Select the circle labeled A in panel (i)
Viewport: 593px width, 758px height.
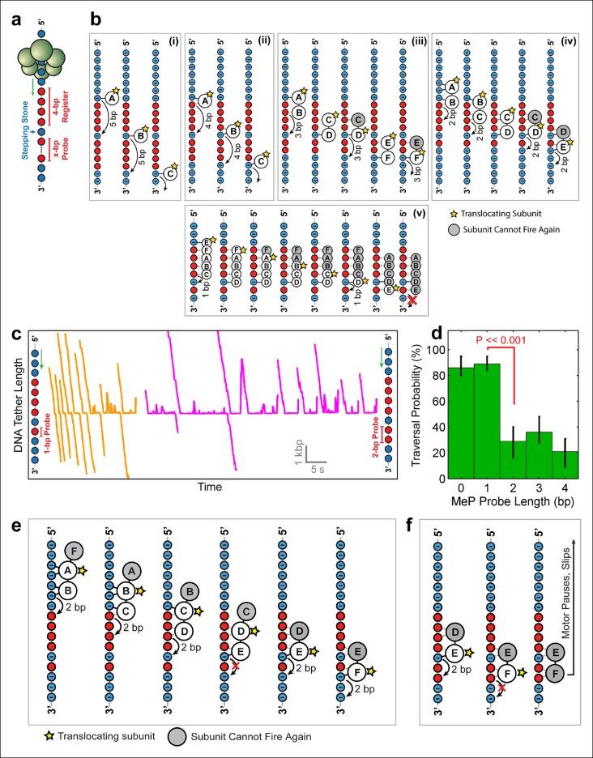click(111, 98)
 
